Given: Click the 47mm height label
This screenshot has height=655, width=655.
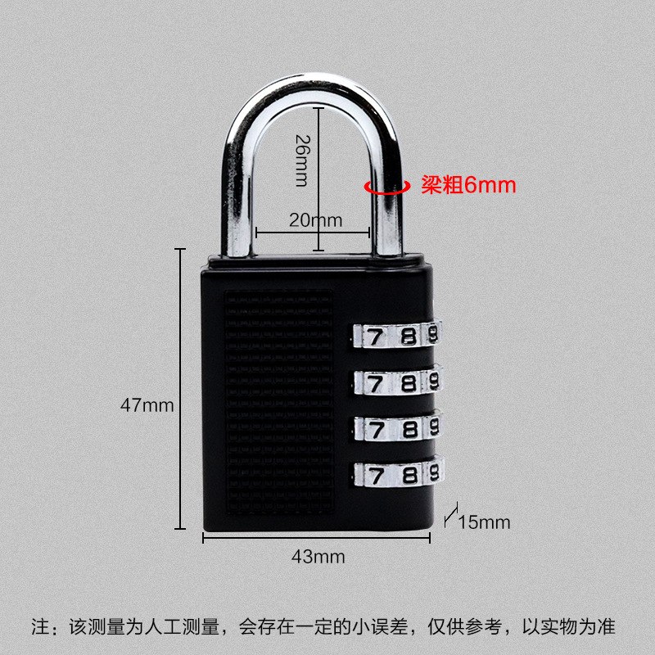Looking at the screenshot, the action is pyautogui.click(x=147, y=404).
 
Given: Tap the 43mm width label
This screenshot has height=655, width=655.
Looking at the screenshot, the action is pyautogui.click(x=318, y=557).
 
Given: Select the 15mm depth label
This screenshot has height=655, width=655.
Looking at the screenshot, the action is pyautogui.click(x=484, y=522).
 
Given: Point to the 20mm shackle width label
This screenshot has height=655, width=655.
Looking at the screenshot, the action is pyautogui.click(x=314, y=219).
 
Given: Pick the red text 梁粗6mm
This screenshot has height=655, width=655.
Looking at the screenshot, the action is pyautogui.click(x=468, y=185).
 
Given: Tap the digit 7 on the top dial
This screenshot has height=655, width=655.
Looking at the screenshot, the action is pyautogui.click(x=373, y=336).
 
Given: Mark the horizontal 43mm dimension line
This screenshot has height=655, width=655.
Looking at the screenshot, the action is pyautogui.click(x=317, y=537).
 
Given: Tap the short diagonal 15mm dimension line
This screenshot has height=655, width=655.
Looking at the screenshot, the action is pyautogui.click(x=449, y=515).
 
